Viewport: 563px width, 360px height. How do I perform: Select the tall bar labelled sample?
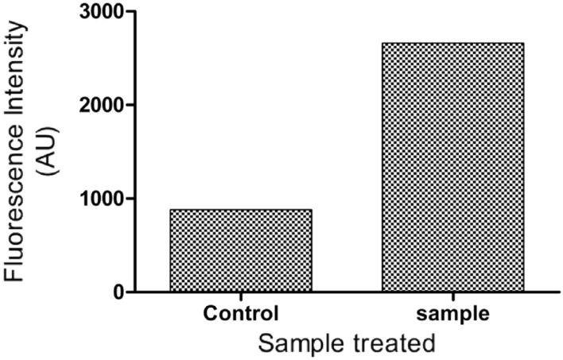(452, 167)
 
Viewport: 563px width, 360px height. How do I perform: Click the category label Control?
(240, 312)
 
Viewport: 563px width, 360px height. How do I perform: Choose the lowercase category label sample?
(452, 312)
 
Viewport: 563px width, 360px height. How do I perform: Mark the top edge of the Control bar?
(240, 210)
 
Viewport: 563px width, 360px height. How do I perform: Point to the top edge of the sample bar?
(452, 43)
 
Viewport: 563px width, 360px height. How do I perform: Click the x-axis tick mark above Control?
(240, 296)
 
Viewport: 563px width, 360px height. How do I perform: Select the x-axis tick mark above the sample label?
(452, 296)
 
